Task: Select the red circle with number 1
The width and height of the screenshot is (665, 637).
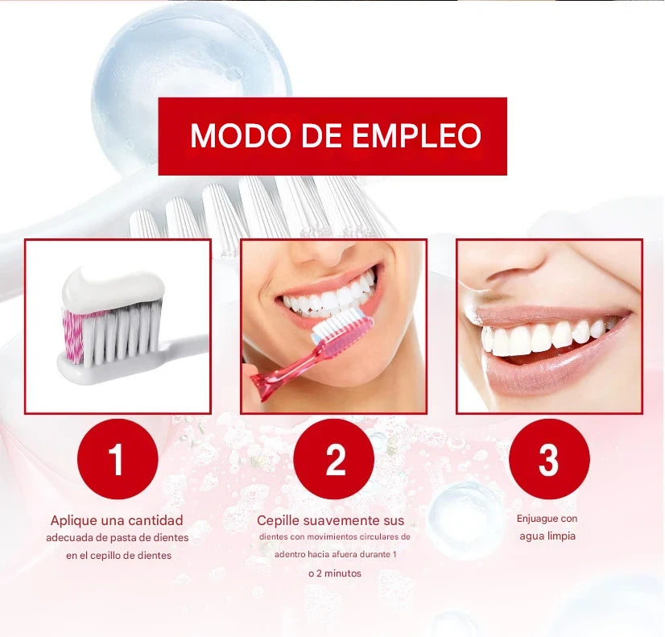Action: [x=117, y=459]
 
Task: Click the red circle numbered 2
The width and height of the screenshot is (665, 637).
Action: [x=334, y=459]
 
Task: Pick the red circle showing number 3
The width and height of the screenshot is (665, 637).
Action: [x=549, y=459]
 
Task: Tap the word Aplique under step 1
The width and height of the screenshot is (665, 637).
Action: [x=75, y=520]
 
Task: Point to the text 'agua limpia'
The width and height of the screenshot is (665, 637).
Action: [x=547, y=536]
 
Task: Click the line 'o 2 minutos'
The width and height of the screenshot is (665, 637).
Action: [x=334, y=573]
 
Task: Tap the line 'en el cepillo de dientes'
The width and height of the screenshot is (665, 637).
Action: [x=119, y=555]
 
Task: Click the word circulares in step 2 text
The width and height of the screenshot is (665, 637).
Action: [x=370, y=536]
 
